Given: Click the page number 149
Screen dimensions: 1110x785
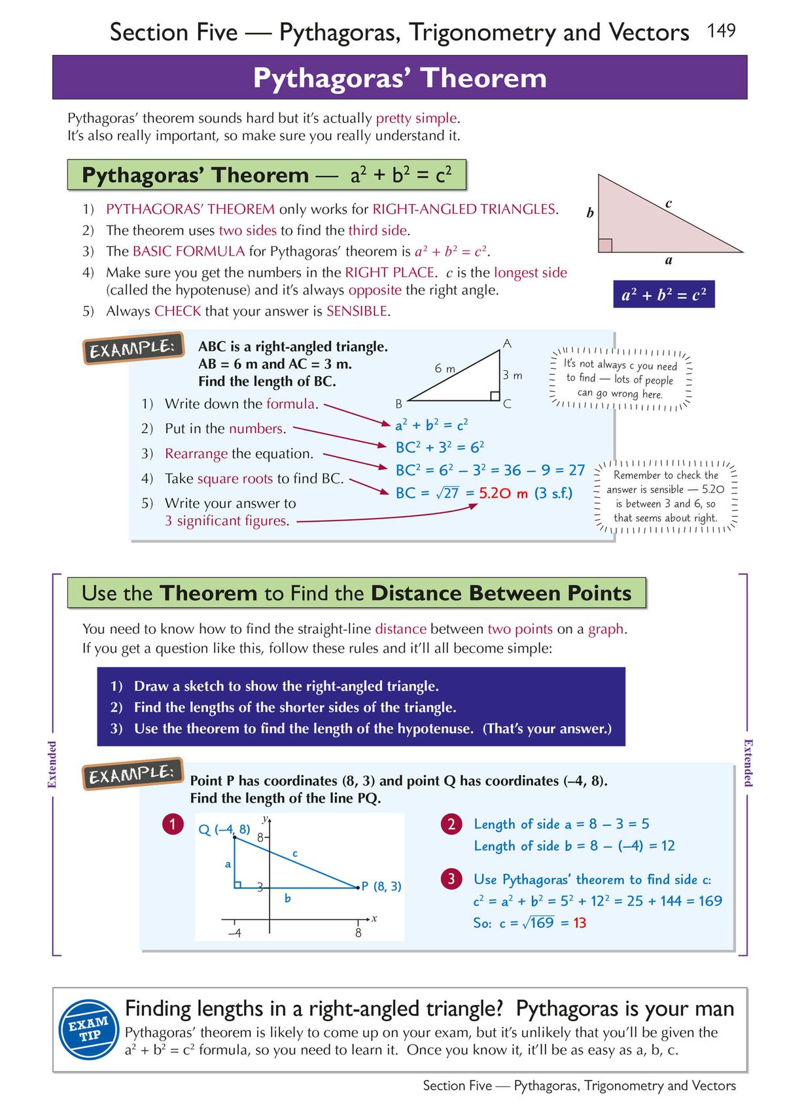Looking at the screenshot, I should (721, 30).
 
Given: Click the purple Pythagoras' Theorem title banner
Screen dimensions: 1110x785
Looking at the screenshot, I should (399, 78).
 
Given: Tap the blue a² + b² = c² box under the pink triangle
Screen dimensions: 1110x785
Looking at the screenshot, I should (663, 295).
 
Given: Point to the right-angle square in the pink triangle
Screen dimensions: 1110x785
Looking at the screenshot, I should (605, 245).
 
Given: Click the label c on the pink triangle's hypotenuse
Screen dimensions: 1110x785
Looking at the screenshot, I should (668, 203).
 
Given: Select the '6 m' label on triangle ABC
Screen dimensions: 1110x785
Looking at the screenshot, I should (445, 368).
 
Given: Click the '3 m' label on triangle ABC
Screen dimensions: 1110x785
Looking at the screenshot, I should (512, 375).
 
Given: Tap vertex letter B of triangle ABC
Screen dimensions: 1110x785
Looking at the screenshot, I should (398, 404).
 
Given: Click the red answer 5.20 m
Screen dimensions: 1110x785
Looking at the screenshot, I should (503, 493).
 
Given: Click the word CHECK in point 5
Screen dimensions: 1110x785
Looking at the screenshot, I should (177, 311).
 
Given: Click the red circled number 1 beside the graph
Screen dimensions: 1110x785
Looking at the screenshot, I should (173, 824).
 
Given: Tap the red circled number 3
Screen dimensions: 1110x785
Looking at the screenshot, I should (451, 878).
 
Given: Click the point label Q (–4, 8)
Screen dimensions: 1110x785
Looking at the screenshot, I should (224, 829).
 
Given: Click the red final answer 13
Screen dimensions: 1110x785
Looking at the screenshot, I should (580, 923).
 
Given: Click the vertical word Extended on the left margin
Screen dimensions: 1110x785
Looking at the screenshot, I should (52, 764).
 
